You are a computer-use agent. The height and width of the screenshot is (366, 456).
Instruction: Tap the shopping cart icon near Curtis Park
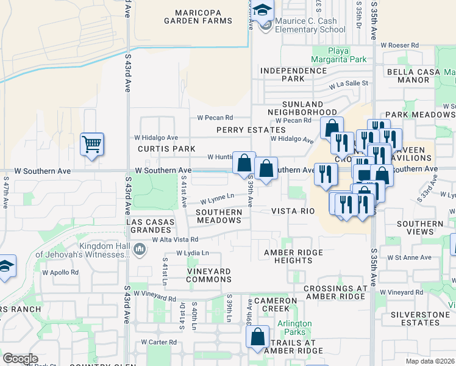click(x=92, y=145)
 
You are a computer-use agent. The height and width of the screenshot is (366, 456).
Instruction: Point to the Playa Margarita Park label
click(x=339, y=55)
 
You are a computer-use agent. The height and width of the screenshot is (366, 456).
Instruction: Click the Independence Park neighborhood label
click(x=293, y=74)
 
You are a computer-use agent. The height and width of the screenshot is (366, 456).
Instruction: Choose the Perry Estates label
click(x=251, y=130)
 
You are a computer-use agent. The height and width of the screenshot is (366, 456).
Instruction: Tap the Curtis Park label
click(x=166, y=149)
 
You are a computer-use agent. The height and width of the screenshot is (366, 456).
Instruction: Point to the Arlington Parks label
click(x=294, y=328)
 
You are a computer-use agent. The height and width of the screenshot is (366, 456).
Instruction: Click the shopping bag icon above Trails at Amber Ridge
click(x=257, y=336)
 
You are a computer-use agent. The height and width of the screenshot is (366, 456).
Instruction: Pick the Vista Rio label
click(x=293, y=211)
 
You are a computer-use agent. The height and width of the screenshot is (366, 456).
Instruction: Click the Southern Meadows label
click(x=219, y=215)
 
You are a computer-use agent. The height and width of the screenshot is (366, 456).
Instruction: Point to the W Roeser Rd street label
click(x=399, y=45)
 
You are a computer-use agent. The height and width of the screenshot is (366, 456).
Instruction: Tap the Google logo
click(x=20, y=359)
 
